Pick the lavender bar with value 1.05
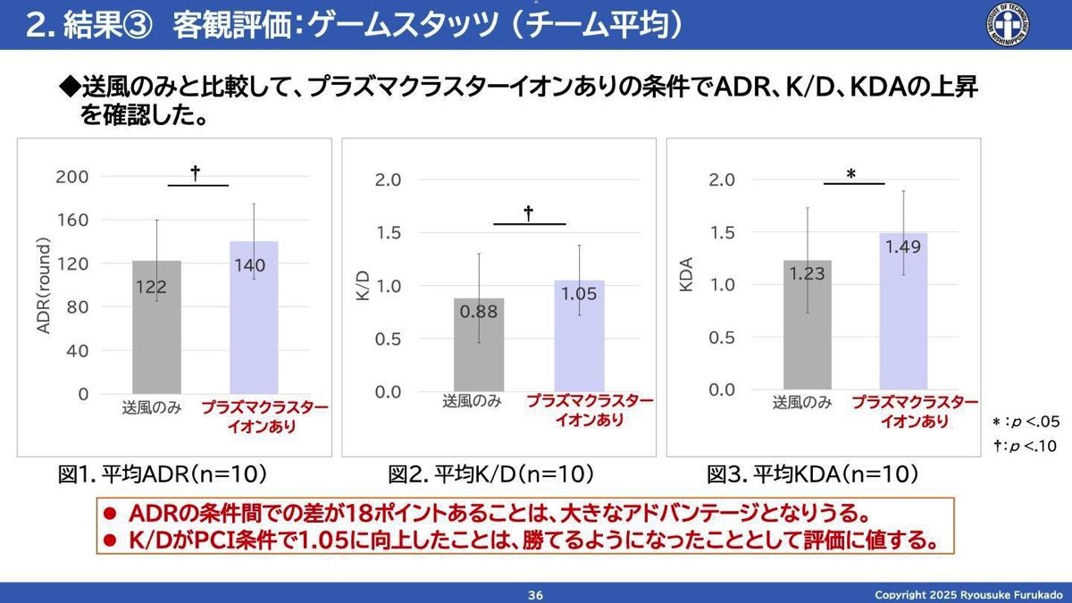pos(579,335)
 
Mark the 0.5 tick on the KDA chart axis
pos(723,337)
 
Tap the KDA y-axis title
pos(688,277)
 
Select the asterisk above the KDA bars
pos(851,174)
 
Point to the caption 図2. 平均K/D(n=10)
pos(491,474)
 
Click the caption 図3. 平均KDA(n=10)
pos(813,474)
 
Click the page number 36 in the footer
pos(536,595)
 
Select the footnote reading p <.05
pos(1026,422)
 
